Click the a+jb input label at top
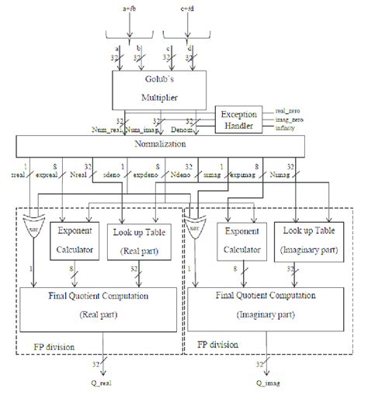pyautogui.click(x=133, y=6)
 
